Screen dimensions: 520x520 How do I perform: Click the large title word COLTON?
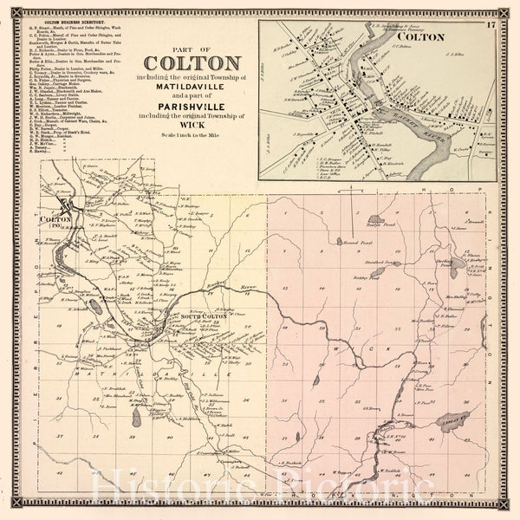click(192, 63)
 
